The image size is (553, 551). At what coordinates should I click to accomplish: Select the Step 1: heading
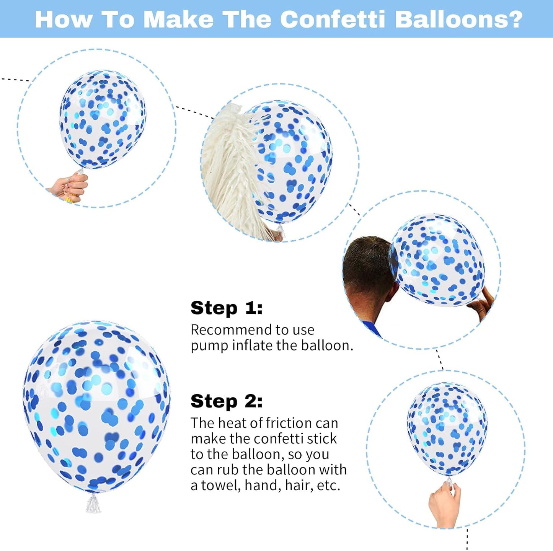coord(227,308)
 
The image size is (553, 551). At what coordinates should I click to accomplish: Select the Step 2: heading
coord(227,401)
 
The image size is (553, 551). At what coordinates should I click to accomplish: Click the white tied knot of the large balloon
coord(93,503)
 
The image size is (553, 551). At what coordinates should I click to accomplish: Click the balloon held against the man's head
coord(438,260)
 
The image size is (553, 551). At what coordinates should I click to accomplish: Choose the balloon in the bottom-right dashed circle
coord(447,429)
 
